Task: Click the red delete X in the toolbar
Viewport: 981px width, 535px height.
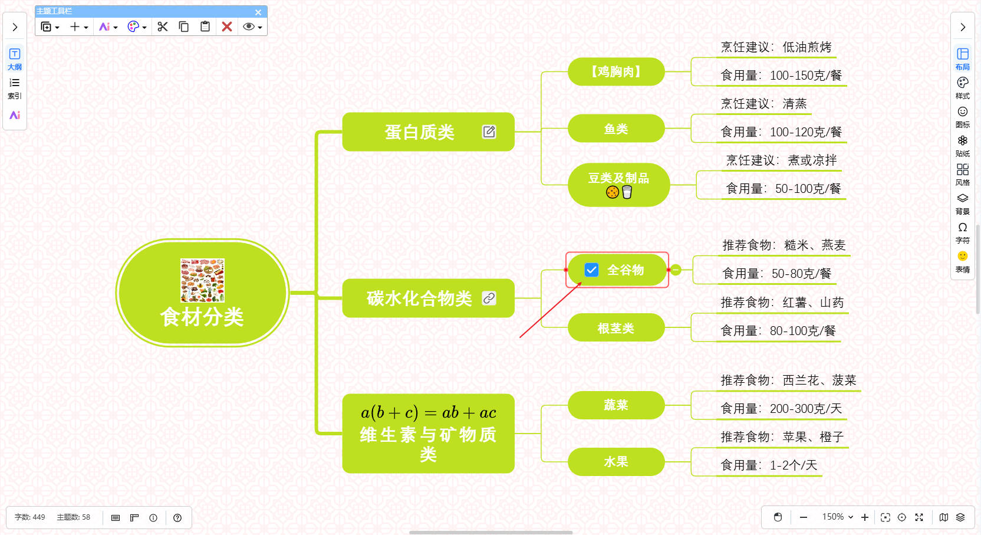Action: (x=227, y=27)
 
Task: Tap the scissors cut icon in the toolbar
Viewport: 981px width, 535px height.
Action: (x=163, y=27)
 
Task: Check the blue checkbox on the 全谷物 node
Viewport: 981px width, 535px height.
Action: (x=591, y=270)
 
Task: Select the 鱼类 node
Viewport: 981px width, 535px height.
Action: (x=616, y=129)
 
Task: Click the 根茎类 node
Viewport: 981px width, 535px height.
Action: (x=616, y=328)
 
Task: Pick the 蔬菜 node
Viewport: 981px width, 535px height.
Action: (x=616, y=405)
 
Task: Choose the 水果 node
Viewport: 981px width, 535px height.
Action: (x=616, y=462)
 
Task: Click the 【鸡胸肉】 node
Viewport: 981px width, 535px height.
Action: (x=616, y=72)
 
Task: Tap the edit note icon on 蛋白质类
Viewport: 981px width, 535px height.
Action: (x=489, y=132)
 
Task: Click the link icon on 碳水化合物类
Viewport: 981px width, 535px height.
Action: (x=489, y=298)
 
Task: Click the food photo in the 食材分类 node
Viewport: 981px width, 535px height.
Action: (x=202, y=280)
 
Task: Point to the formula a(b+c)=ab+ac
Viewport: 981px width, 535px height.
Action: (x=429, y=412)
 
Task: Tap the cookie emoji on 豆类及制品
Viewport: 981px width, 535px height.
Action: (x=613, y=192)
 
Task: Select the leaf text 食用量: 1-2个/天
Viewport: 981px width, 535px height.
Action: (x=769, y=465)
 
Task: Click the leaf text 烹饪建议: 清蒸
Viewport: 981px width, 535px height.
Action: (x=763, y=104)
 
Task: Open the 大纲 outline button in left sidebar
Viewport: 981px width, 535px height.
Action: (x=15, y=58)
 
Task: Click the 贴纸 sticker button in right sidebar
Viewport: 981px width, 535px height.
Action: (x=963, y=145)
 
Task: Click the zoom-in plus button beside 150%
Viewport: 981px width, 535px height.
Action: (x=865, y=517)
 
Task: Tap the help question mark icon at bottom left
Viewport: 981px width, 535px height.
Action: (x=177, y=518)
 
